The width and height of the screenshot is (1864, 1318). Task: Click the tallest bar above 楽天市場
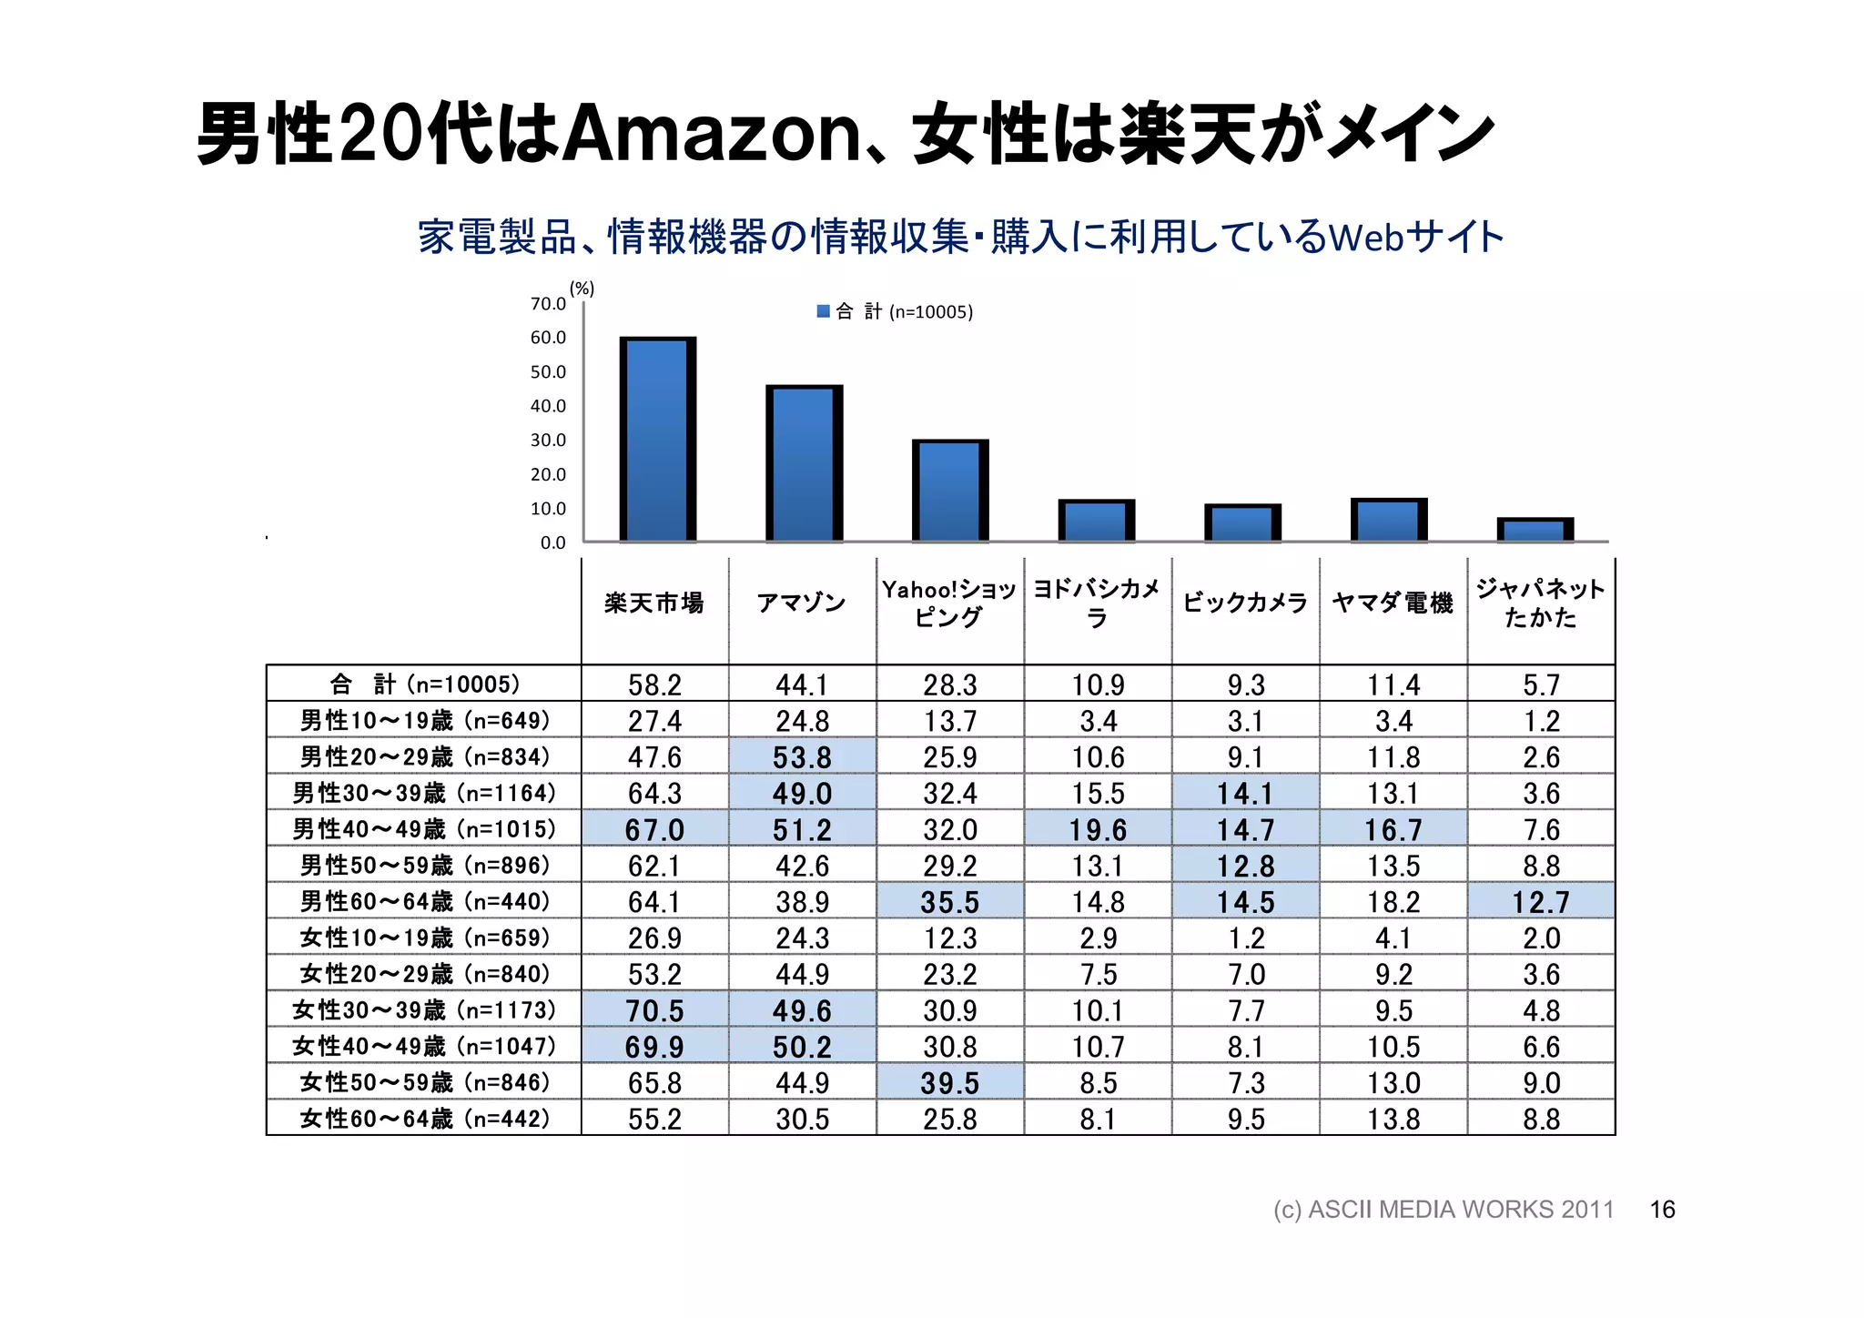pyautogui.click(x=657, y=440)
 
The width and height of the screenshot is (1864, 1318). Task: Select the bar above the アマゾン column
pyautogui.click(x=804, y=463)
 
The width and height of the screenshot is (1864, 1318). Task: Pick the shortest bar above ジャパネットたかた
pyautogui.click(x=1535, y=530)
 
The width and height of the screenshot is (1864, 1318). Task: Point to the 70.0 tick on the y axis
pyautogui.click(x=548, y=304)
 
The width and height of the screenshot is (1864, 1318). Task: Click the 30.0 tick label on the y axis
pyautogui.click(x=548, y=441)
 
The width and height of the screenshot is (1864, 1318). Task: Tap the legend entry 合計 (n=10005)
pyautogui.click(x=896, y=312)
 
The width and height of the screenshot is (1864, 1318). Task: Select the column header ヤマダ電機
pyautogui.click(x=1393, y=603)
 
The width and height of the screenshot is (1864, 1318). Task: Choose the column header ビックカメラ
pyautogui.click(x=1245, y=603)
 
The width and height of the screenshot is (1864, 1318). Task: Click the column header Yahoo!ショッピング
pyautogui.click(x=949, y=603)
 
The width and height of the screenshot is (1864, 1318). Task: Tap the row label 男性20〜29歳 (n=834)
pyautogui.click(x=425, y=756)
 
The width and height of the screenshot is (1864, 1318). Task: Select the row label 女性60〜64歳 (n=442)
pyautogui.click(x=425, y=1119)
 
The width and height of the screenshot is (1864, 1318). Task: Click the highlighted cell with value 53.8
pyautogui.click(x=802, y=757)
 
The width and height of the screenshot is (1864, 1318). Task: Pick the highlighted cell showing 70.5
pyautogui.click(x=654, y=1010)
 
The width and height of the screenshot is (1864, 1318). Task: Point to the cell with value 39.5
pyautogui.click(x=949, y=1083)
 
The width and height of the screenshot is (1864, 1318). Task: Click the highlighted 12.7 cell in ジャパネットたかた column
pyautogui.click(x=1541, y=902)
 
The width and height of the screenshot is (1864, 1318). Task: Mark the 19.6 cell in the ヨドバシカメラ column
pyautogui.click(x=1098, y=830)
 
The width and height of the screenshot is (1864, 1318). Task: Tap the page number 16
pyautogui.click(x=1662, y=1210)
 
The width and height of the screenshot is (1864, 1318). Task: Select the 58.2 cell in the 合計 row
pyautogui.click(x=654, y=684)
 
